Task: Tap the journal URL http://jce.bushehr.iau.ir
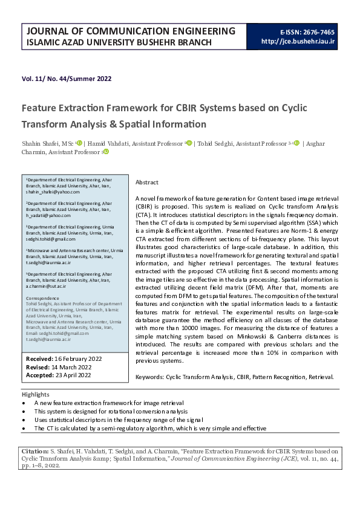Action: coord(298,42)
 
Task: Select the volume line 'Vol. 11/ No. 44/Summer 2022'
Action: coord(67,79)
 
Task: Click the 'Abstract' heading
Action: coord(147,182)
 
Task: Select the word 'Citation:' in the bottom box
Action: coord(38,451)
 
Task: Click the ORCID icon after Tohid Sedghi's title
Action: coord(296,143)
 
